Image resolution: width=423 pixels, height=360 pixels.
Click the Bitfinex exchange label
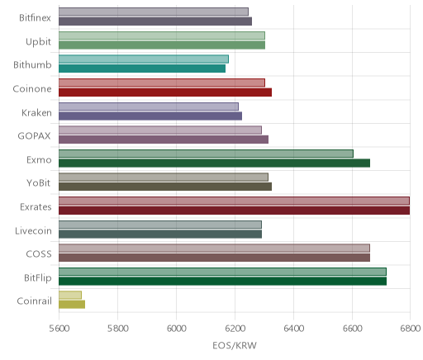coord(35,18)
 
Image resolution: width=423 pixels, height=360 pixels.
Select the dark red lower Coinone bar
coord(165,92)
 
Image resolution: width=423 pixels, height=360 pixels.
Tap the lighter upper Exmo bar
coord(206,154)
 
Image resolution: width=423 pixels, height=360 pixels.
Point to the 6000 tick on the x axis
coord(177,329)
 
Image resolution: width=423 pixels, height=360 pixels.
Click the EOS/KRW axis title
coord(235,345)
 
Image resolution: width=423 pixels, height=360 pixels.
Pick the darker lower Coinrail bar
coord(72,305)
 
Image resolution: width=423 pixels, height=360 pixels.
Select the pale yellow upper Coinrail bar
coord(70,295)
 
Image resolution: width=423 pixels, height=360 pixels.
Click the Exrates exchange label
coord(36,206)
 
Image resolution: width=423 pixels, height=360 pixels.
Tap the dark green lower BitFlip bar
coord(222,281)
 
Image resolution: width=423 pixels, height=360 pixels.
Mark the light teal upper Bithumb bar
coord(144,59)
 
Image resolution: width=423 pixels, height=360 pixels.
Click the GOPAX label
coord(35,136)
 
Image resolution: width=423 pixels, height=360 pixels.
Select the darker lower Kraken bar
coord(150,116)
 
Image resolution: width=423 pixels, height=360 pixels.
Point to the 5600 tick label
coord(59,329)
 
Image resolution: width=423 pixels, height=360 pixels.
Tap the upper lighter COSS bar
coord(214,248)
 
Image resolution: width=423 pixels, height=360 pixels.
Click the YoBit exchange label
coord(39,183)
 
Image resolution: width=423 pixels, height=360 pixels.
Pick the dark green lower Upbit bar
coord(162,45)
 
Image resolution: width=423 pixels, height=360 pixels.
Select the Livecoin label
coord(33,230)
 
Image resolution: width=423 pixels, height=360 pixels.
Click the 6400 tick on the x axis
coord(294,329)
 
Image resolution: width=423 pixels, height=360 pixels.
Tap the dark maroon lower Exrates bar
coord(234,211)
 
